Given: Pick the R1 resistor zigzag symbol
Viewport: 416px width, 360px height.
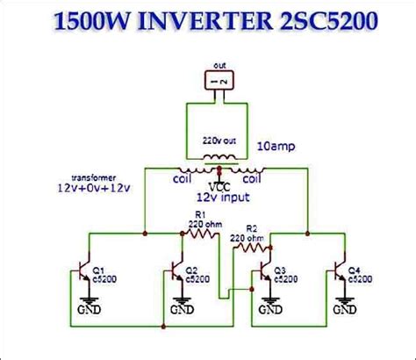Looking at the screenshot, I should tap(203, 232).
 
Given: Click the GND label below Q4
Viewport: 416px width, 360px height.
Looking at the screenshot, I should tap(342, 310).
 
